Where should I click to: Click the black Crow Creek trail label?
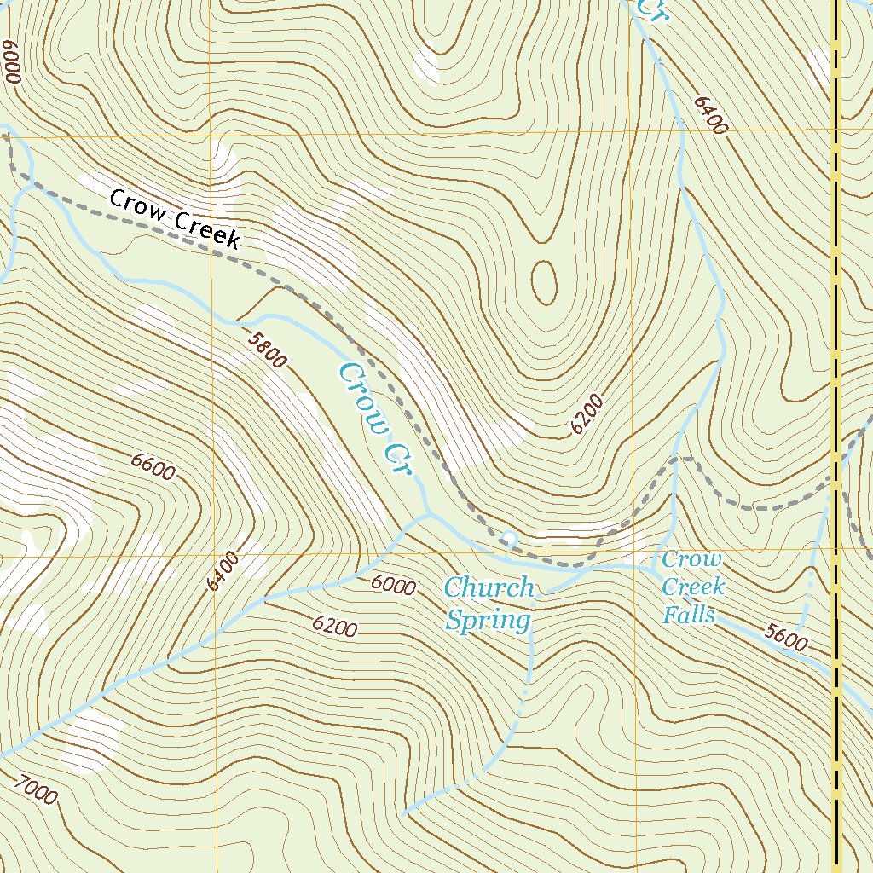point(175,220)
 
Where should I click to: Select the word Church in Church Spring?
point(489,587)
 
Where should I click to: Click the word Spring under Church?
point(488,620)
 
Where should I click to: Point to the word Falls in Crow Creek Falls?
point(689,614)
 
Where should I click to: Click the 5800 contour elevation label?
point(267,350)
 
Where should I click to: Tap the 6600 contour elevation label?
point(153,467)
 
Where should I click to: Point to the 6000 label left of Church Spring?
point(393,586)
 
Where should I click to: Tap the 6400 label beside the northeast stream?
point(711,115)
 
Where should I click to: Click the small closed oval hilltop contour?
point(544,282)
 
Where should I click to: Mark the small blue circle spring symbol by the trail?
point(509,538)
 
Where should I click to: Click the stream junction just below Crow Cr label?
point(426,517)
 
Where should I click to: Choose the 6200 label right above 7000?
point(334,627)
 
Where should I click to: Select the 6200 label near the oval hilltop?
point(587,414)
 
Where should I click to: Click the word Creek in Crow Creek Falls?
point(693,587)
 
